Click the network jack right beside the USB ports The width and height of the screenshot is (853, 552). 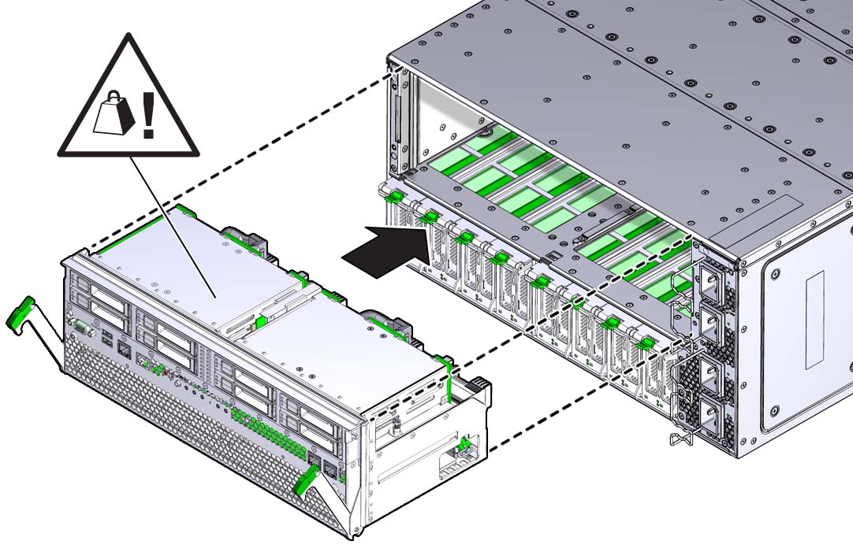[x=125, y=346]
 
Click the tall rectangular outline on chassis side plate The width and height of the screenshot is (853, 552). [x=814, y=319]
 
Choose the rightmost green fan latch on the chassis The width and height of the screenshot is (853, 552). [x=645, y=342]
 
